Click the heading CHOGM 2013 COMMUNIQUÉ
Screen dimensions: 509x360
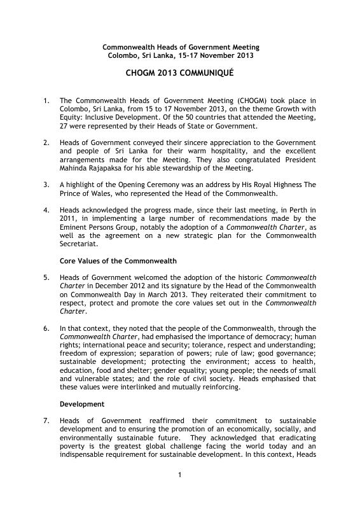click(x=181, y=74)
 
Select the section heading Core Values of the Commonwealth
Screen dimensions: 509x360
click(x=118, y=261)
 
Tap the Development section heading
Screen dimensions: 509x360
click(x=82, y=404)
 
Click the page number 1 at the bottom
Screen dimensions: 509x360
click(x=180, y=492)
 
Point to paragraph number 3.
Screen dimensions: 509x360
click(x=46, y=185)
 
